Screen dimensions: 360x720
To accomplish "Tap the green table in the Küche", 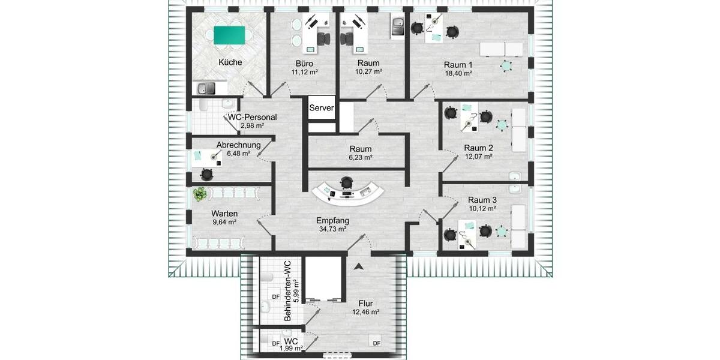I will pos(230,35).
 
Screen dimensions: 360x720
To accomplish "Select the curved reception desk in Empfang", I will pos(348,194).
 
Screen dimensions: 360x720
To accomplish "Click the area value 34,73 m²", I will pos(333,229).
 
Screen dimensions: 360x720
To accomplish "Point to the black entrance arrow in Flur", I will pos(359,266).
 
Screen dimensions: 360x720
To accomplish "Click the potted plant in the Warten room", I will pos(200,194).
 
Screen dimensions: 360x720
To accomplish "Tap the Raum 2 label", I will pos(478,148).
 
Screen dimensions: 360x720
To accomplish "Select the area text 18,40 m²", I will pos(458,73).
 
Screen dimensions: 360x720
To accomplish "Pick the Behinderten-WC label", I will pos(287,290).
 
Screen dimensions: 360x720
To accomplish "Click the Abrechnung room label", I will pos(238,145).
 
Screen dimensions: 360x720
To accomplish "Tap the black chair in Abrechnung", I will pos(207,174).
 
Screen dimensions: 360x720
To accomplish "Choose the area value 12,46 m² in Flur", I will pos(365,312).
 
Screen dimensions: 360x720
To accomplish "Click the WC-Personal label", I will pos(252,117).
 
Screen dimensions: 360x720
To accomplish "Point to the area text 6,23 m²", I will pos(360,158).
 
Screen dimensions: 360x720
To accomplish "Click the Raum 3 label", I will pos(482,200).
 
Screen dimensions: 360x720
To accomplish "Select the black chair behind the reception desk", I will pos(347,181).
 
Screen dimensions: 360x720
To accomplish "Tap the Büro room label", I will pos(304,63).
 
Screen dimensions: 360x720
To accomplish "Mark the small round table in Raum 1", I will pos(508,65).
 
